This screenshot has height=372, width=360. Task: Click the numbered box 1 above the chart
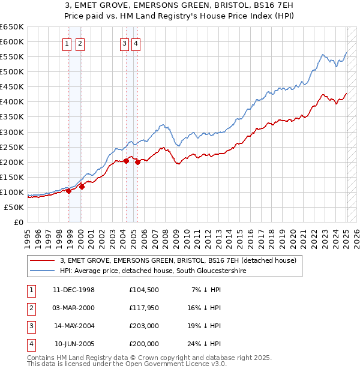pyautogui.click(x=66, y=43)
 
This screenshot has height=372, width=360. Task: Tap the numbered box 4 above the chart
pyautogui.click(x=136, y=43)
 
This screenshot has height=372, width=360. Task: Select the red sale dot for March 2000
pyautogui.click(x=82, y=187)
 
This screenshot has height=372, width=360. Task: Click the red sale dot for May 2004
pyautogui.click(x=127, y=161)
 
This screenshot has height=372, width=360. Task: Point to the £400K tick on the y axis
pyautogui.click(x=12, y=101)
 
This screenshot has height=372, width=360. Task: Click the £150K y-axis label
pyautogui.click(x=12, y=177)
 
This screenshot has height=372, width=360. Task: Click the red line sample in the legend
pyautogui.click(x=42, y=260)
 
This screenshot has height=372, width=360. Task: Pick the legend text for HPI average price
pyautogui.click(x=153, y=271)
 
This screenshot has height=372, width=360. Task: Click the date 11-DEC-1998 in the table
pyautogui.click(x=74, y=290)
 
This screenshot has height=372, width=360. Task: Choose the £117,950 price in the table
pyautogui.click(x=144, y=308)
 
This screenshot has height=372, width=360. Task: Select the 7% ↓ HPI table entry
pyautogui.click(x=206, y=290)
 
